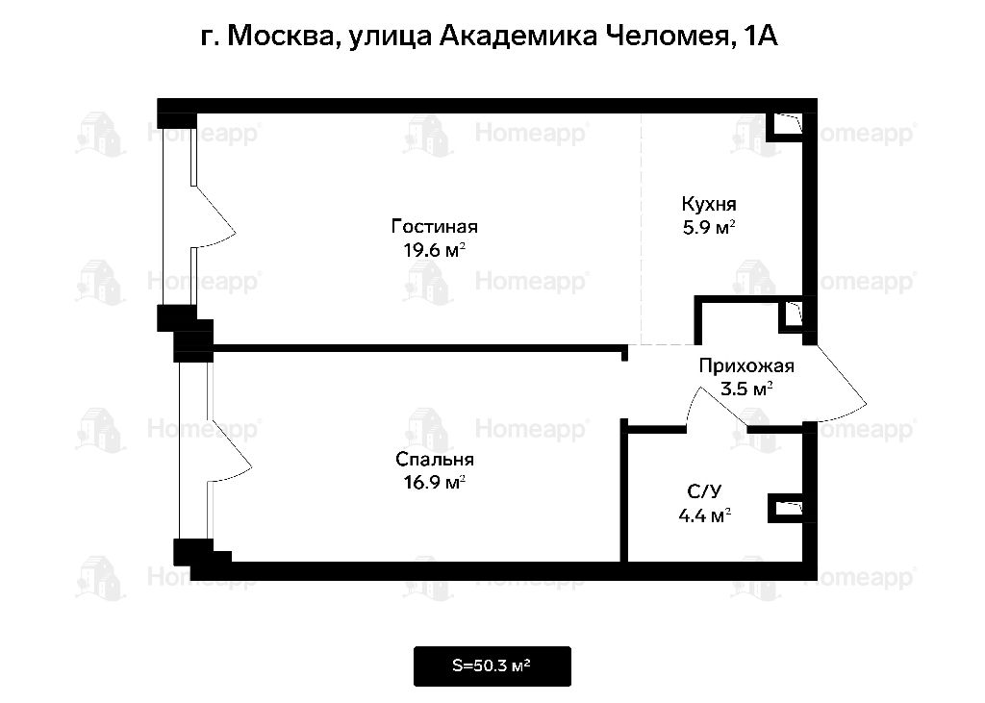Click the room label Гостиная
[x=434, y=226]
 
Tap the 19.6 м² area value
[x=434, y=250]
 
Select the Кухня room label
[x=709, y=204]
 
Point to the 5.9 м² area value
[x=709, y=227]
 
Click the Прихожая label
[x=746, y=365]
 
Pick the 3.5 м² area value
[x=746, y=389]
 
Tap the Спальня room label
[x=434, y=460]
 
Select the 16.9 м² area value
[x=434, y=483]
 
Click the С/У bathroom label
[x=704, y=491]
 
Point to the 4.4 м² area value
[x=704, y=515]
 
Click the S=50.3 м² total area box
[x=492, y=665]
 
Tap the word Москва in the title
[x=280, y=36]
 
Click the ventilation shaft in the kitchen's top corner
[x=788, y=124]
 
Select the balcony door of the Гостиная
[x=213, y=216]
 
